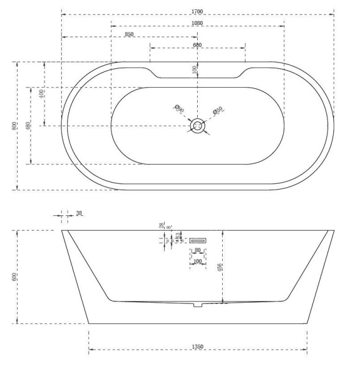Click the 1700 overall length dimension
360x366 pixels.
point(197,11)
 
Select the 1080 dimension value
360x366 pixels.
point(197,23)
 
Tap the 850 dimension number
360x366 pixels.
point(129,34)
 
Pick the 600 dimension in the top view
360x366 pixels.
point(197,45)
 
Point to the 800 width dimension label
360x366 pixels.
point(14,126)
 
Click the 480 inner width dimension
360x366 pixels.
point(27,126)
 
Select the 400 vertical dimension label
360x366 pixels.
point(41,94)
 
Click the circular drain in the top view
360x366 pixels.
point(197,126)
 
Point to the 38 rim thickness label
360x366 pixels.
point(79,213)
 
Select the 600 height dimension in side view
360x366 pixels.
point(14,277)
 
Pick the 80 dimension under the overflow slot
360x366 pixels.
point(197,250)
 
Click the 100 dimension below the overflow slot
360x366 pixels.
point(196,262)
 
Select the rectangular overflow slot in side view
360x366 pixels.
point(197,240)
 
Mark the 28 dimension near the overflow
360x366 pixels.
point(161,226)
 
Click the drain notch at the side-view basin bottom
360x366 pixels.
point(197,304)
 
